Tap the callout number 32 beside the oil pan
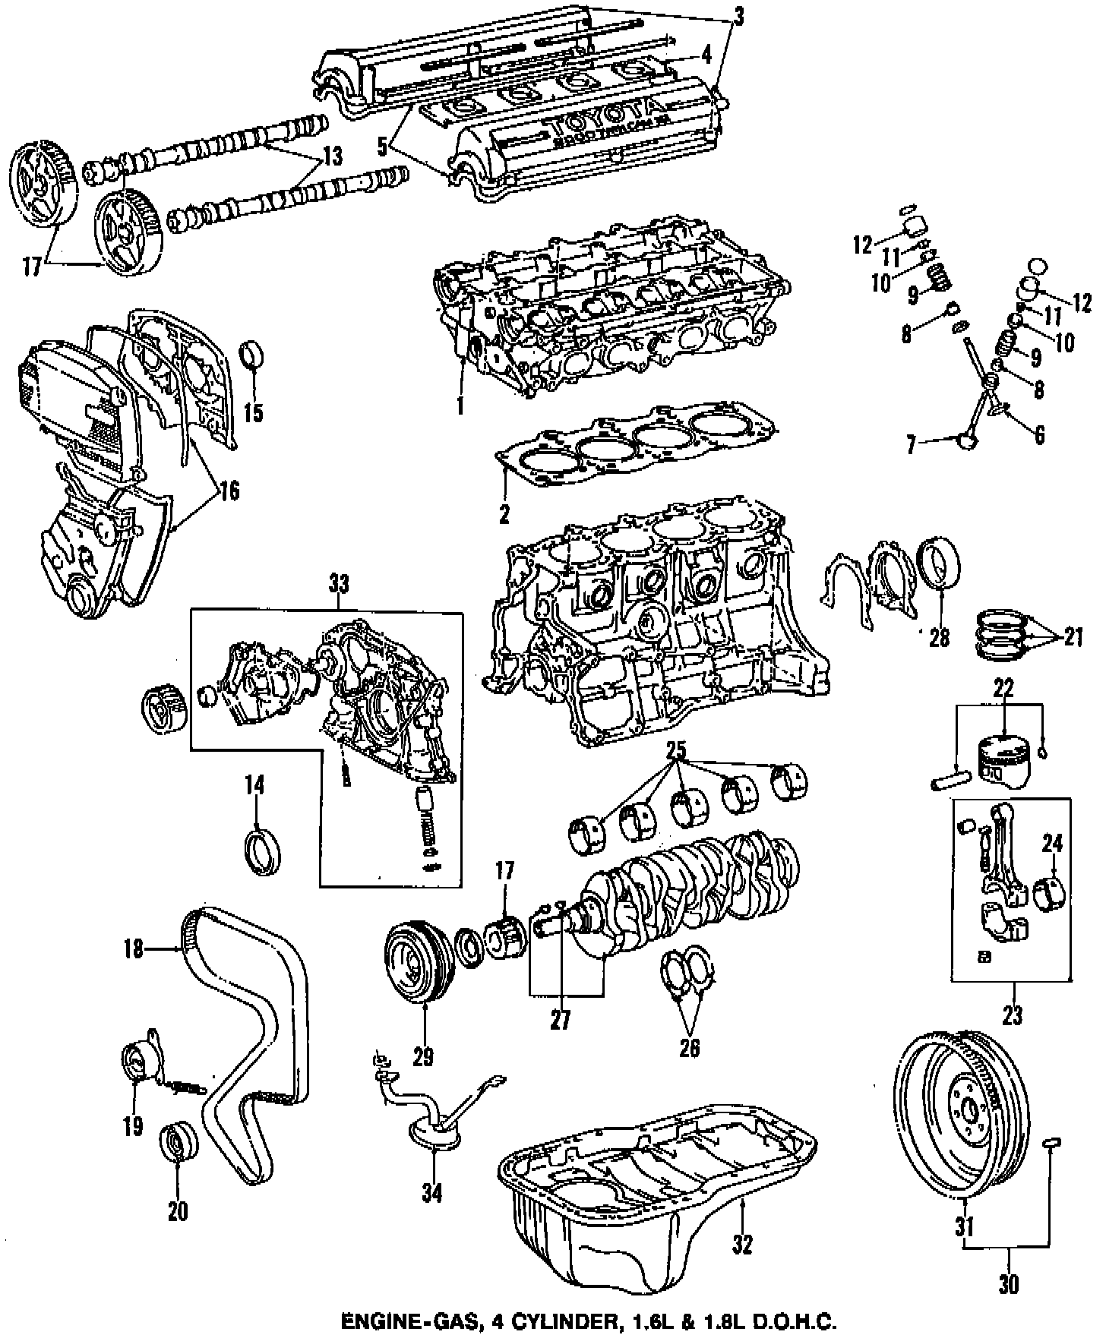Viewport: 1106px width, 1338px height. tap(742, 1245)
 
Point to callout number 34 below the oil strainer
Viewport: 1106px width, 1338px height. tap(431, 1194)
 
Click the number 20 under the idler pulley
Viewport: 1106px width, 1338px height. tap(177, 1211)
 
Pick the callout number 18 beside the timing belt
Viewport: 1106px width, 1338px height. tap(134, 948)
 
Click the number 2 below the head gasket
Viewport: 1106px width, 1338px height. tap(504, 514)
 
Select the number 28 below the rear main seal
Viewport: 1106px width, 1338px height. tap(939, 636)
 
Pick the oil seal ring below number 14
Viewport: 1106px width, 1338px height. tap(261, 849)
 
